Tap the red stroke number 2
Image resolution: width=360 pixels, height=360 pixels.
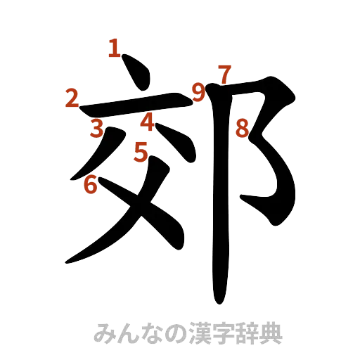point(71,98)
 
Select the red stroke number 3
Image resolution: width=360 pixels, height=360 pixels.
point(98,128)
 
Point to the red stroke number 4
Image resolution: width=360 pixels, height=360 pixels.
point(147,122)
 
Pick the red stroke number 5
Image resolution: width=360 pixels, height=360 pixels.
point(141,150)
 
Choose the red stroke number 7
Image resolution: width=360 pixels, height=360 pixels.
point(224,74)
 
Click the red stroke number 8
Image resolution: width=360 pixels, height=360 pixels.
point(243,129)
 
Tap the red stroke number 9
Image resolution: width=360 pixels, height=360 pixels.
point(200,91)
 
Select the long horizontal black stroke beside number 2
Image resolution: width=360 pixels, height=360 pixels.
point(134,108)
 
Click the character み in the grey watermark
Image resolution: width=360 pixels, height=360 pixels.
point(105,332)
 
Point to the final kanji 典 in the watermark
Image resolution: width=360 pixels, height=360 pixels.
point(274,332)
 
